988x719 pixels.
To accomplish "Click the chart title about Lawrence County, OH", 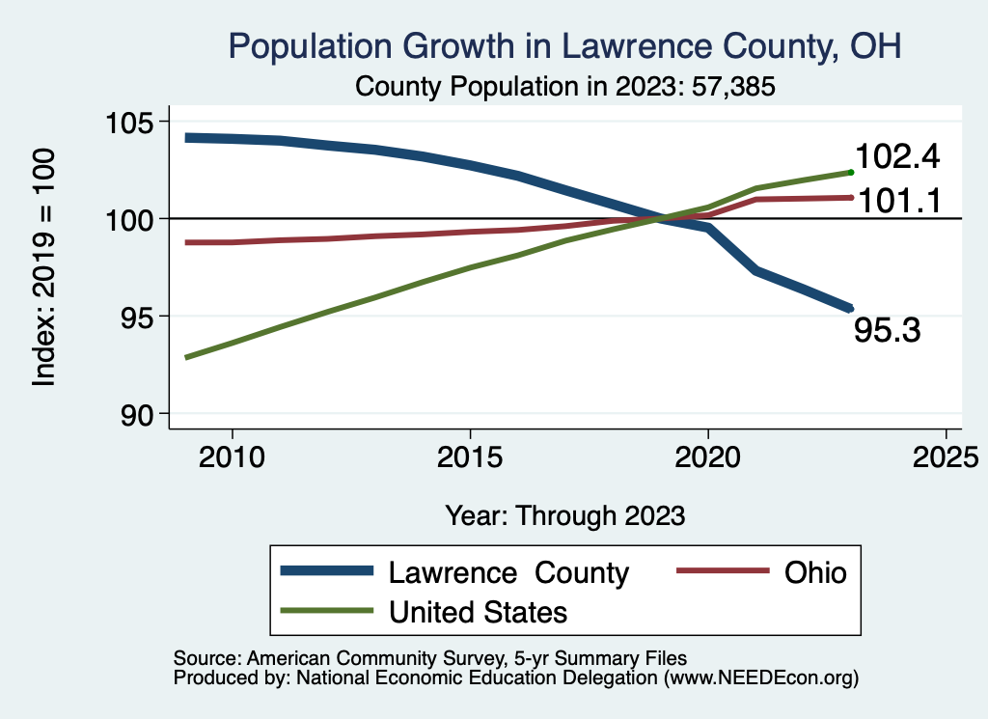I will [x=564, y=46].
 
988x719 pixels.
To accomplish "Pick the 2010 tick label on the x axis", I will [x=232, y=455].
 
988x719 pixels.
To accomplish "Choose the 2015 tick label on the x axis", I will [x=470, y=455].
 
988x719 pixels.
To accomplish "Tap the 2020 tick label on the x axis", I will [x=708, y=455].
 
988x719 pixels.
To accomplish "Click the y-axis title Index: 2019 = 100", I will [x=43, y=267].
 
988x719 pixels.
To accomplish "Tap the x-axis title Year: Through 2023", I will [x=564, y=515].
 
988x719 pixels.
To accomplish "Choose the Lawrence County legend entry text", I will [x=508, y=572].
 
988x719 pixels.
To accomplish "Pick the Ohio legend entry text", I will [x=814, y=572].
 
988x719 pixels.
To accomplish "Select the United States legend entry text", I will [x=478, y=612].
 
